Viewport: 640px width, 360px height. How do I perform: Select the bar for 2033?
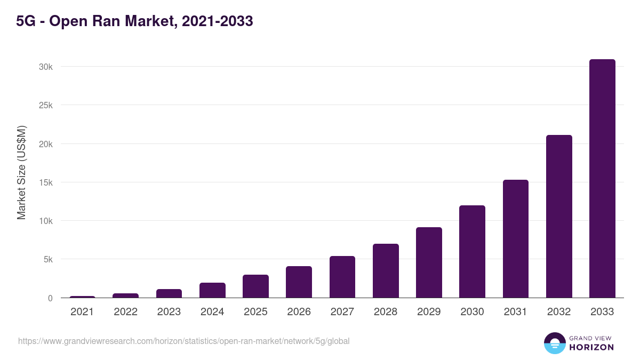[602, 179]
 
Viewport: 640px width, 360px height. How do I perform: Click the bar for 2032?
[559, 217]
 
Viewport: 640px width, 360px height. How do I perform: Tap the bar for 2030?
[472, 252]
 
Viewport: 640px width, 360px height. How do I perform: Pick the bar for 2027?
[342, 277]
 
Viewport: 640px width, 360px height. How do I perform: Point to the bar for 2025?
[255, 286]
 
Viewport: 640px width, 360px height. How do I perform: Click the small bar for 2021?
[82, 297]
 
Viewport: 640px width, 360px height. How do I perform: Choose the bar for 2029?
[429, 262]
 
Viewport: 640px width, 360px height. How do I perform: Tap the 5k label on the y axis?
[47, 260]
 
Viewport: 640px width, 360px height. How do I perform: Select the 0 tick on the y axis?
[50, 298]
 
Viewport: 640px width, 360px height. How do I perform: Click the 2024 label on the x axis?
[212, 312]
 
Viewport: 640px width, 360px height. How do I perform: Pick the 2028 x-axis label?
[386, 312]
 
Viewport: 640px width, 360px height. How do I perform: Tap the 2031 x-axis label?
[516, 312]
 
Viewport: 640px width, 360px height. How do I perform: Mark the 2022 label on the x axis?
[125, 312]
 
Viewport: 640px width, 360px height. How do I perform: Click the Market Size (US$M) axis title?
[21, 172]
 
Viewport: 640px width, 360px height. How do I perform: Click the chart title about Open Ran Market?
[134, 21]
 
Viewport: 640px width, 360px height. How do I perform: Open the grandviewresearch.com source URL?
[183, 341]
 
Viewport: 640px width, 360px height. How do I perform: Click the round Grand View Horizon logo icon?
[554, 343]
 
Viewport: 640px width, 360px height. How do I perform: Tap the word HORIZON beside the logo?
[591, 347]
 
